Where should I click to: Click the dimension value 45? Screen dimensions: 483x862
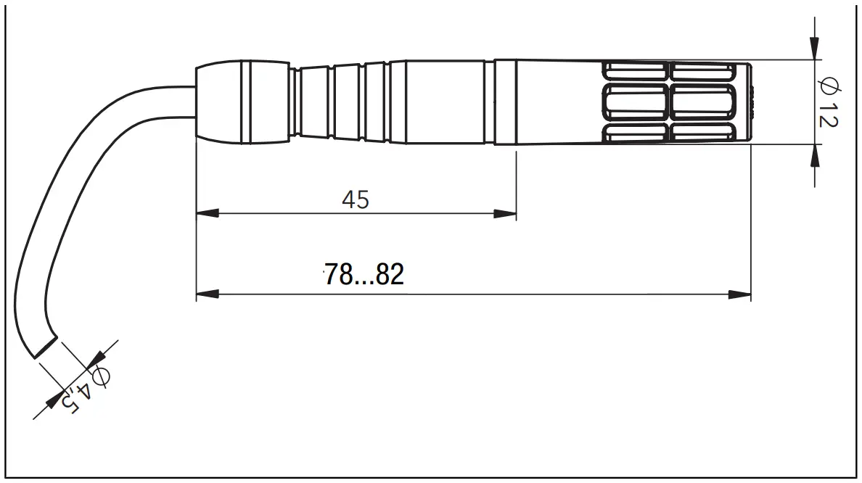click(x=356, y=199)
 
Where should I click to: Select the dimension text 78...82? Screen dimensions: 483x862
click(x=364, y=275)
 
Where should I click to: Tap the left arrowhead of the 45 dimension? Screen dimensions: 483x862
click(x=208, y=214)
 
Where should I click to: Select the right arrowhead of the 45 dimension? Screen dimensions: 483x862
click(x=505, y=214)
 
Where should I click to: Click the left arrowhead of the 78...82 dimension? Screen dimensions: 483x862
click(x=208, y=294)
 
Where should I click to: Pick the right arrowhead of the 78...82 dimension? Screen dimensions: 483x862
click(x=740, y=294)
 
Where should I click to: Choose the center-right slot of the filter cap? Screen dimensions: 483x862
click(x=701, y=102)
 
